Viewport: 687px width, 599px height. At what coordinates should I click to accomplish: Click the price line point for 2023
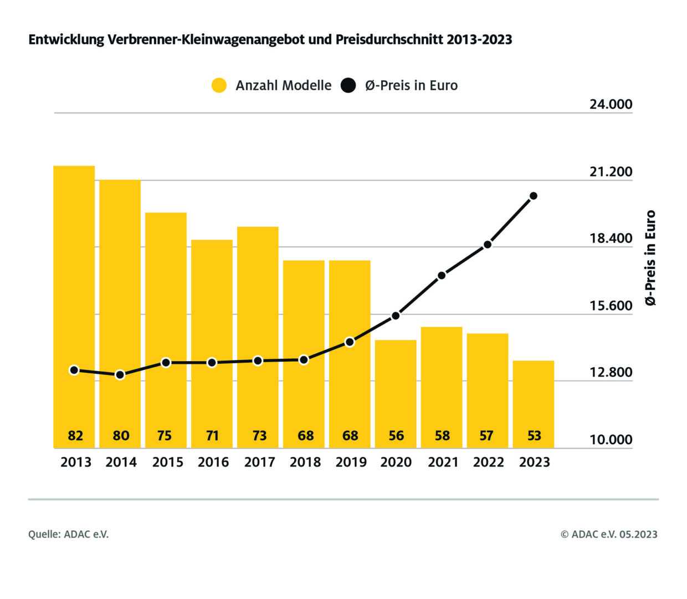pyautogui.click(x=534, y=196)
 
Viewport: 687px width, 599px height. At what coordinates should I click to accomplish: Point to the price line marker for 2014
pyautogui.click(x=120, y=375)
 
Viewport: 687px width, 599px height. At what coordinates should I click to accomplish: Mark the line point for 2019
pyautogui.click(x=350, y=342)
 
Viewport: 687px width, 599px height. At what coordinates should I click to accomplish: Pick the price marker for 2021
pyautogui.click(x=442, y=275)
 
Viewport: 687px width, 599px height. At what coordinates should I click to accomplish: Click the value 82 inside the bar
pyautogui.click(x=75, y=436)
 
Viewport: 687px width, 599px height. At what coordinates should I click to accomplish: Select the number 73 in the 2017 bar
pyautogui.click(x=259, y=436)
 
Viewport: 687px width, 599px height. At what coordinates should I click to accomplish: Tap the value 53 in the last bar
pyautogui.click(x=534, y=436)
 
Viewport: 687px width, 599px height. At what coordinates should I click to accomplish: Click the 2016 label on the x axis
pyautogui.click(x=213, y=462)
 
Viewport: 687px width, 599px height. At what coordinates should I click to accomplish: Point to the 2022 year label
pyautogui.click(x=488, y=462)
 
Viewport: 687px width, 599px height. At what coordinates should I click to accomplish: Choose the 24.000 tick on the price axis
pyautogui.click(x=611, y=104)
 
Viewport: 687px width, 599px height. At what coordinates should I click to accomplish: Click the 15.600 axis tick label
pyautogui.click(x=611, y=306)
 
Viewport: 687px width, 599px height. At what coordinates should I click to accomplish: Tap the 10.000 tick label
pyautogui.click(x=611, y=440)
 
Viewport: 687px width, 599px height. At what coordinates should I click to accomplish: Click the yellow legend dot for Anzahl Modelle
pyautogui.click(x=219, y=85)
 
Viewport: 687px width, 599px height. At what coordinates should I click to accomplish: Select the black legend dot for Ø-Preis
pyautogui.click(x=348, y=85)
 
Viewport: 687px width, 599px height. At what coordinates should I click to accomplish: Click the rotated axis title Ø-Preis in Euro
pyautogui.click(x=650, y=258)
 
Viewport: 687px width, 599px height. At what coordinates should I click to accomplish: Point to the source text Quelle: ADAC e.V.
pyautogui.click(x=69, y=534)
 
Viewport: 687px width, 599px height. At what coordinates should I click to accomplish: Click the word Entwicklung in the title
pyautogui.click(x=66, y=40)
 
